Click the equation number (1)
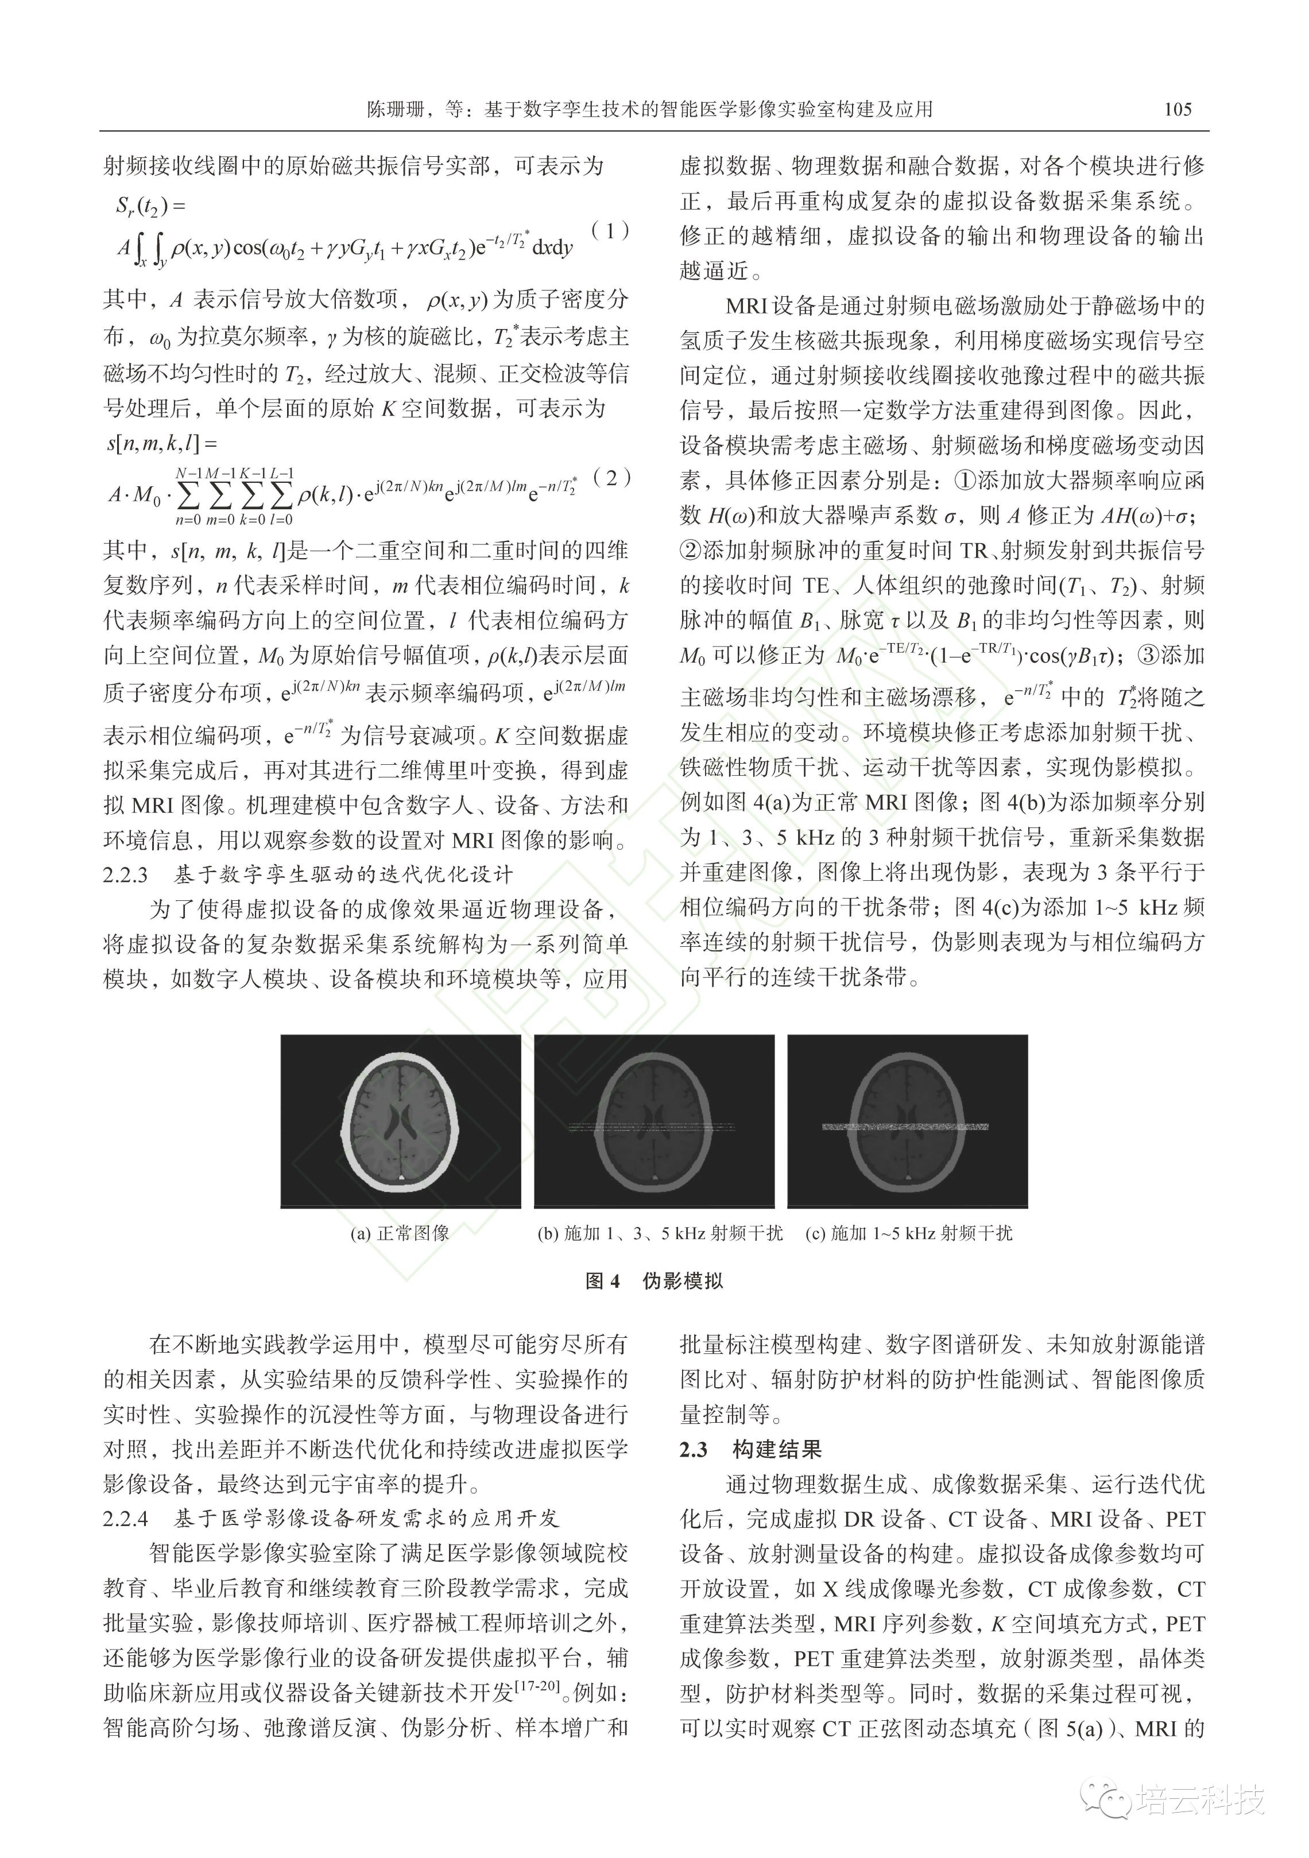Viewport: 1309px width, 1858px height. click(x=611, y=231)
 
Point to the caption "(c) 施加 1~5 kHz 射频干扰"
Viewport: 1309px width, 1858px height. click(x=908, y=1233)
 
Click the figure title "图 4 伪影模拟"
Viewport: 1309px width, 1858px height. click(x=654, y=1280)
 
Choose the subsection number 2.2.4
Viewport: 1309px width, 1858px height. click(x=125, y=1518)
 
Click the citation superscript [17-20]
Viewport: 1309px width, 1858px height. click(x=538, y=1686)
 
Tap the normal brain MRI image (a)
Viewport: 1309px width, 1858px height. click(x=401, y=1121)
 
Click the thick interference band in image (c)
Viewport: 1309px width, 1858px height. click(x=905, y=1127)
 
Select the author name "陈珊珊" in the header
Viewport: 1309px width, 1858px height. click(x=396, y=109)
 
